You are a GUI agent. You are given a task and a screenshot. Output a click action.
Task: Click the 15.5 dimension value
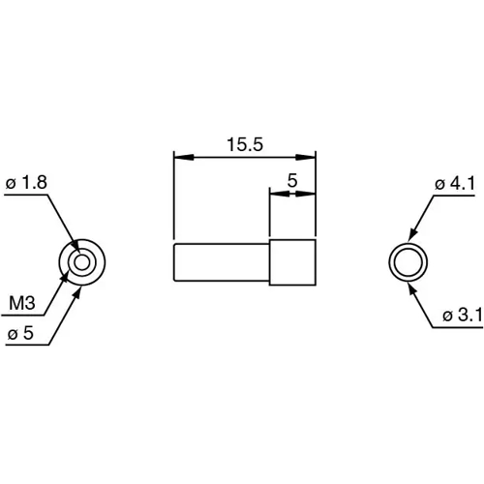click(x=244, y=144)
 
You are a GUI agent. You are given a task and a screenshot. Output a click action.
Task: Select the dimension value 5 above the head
click(x=292, y=181)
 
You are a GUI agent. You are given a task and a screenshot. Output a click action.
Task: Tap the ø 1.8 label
click(x=27, y=181)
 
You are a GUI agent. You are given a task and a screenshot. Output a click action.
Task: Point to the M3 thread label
click(x=22, y=303)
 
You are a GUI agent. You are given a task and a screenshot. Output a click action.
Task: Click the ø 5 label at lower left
click(x=22, y=333)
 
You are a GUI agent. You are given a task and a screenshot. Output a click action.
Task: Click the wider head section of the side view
click(x=293, y=261)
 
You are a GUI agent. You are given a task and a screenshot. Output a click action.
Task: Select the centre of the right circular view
click(x=407, y=262)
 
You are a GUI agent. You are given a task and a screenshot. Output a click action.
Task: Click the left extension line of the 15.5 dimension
click(x=173, y=194)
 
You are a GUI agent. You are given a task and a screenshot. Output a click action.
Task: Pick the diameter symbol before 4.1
click(x=439, y=182)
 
